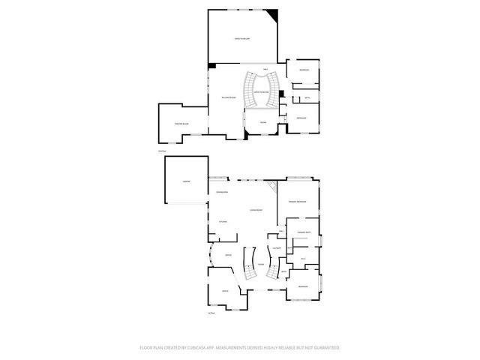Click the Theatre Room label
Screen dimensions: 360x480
coord(181,124)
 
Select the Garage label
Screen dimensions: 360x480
coord(186,183)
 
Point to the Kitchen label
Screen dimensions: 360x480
coord(223,222)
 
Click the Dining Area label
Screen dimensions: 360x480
coord(222,193)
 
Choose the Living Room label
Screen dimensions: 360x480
coord(255,211)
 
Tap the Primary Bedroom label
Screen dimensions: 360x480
coord(297,202)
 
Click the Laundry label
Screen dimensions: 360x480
coord(277,248)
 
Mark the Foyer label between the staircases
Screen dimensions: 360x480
coord(260,265)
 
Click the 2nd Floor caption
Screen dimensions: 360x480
coord(161,151)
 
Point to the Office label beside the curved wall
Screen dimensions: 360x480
coord(227,256)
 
